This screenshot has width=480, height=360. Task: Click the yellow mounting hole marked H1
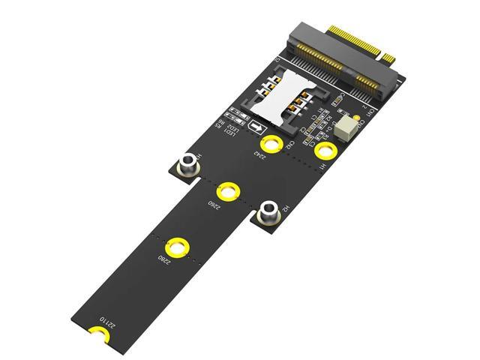pyautogui.click(x=325, y=151)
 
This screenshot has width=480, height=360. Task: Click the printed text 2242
pyautogui.click(x=259, y=156)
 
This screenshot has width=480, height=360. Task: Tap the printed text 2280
pyautogui.click(x=163, y=258)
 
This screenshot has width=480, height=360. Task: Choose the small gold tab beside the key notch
pyautogui.click(x=388, y=57)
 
